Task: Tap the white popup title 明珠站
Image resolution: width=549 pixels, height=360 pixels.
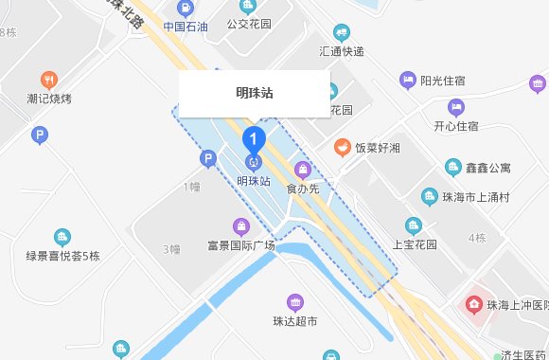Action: pos(255,93)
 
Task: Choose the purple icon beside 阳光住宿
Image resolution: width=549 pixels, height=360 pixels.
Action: pos(408,80)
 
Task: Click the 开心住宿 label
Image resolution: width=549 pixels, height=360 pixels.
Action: pos(455,126)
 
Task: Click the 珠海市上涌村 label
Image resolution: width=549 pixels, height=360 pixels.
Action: pos(476,197)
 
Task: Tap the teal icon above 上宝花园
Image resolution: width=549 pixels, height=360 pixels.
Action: pos(413,225)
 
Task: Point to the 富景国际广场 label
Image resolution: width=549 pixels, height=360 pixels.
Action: pos(240,245)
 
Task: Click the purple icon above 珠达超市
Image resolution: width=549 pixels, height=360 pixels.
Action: pos(295,303)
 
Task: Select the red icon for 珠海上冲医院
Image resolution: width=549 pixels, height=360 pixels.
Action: pos(470,305)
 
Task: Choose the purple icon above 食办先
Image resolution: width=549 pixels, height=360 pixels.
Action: pos(302,171)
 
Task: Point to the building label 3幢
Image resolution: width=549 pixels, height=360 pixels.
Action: pos(171,249)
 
